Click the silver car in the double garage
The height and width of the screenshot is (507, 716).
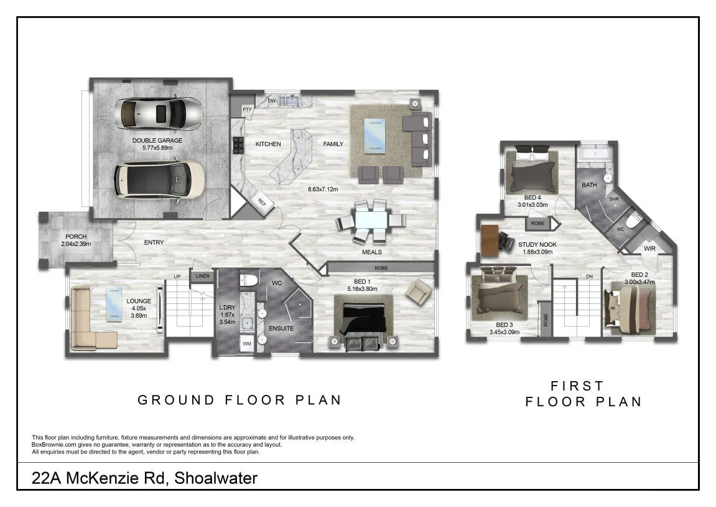(161, 114)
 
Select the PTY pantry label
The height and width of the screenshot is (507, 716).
(247, 110)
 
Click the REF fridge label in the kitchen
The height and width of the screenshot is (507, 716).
(262, 201)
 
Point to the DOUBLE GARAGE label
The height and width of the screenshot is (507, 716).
(157, 140)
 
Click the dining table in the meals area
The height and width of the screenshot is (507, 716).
(371, 220)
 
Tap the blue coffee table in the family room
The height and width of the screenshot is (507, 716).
(374, 136)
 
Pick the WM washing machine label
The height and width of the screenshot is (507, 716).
(246, 344)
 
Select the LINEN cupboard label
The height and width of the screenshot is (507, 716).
(202, 276)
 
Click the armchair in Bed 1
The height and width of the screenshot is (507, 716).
(419, 292)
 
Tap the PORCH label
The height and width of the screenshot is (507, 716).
(76, 236)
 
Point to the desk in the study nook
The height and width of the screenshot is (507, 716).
(490, 240)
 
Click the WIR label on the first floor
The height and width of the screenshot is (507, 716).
(649, 249)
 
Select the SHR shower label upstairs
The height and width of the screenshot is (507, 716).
(614, 199)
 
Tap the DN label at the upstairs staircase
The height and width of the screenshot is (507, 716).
(589, 277)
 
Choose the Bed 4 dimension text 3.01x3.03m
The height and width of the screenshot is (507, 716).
(532, 205)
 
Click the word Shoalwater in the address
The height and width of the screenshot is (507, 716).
(216, 478)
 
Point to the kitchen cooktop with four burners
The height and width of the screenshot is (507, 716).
(238, 145)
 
